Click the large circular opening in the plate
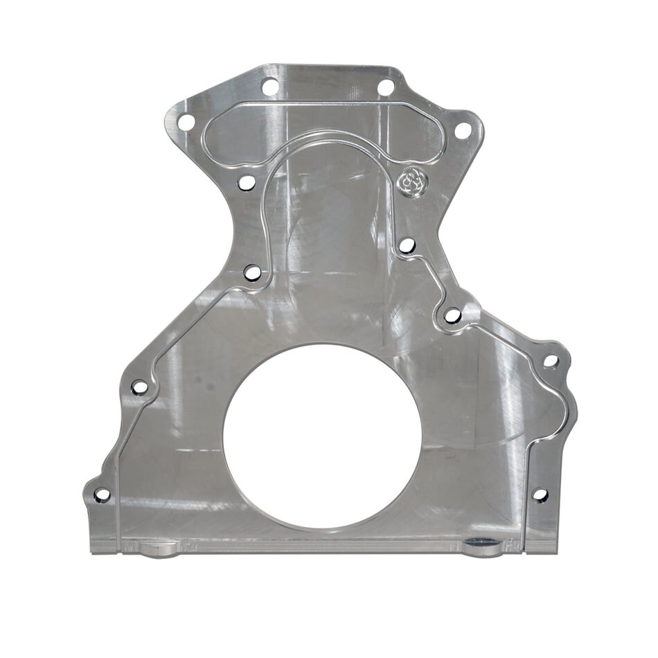(322, 436)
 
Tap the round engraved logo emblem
(412, 182)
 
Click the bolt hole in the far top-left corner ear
(186, 123)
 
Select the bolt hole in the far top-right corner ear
(462, 130)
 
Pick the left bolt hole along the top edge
(269, 87)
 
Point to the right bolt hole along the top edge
(385, 87)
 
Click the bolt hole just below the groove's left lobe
(247, 183)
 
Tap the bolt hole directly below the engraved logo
(407, 245)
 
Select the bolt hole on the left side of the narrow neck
(253, 273)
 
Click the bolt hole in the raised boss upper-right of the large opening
(452, 315)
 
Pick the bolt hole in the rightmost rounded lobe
(551, 361)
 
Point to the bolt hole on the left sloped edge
(139, 387)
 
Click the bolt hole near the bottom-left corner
(102, 495)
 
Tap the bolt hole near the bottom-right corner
(540, 495)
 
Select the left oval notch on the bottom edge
(159, 549)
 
